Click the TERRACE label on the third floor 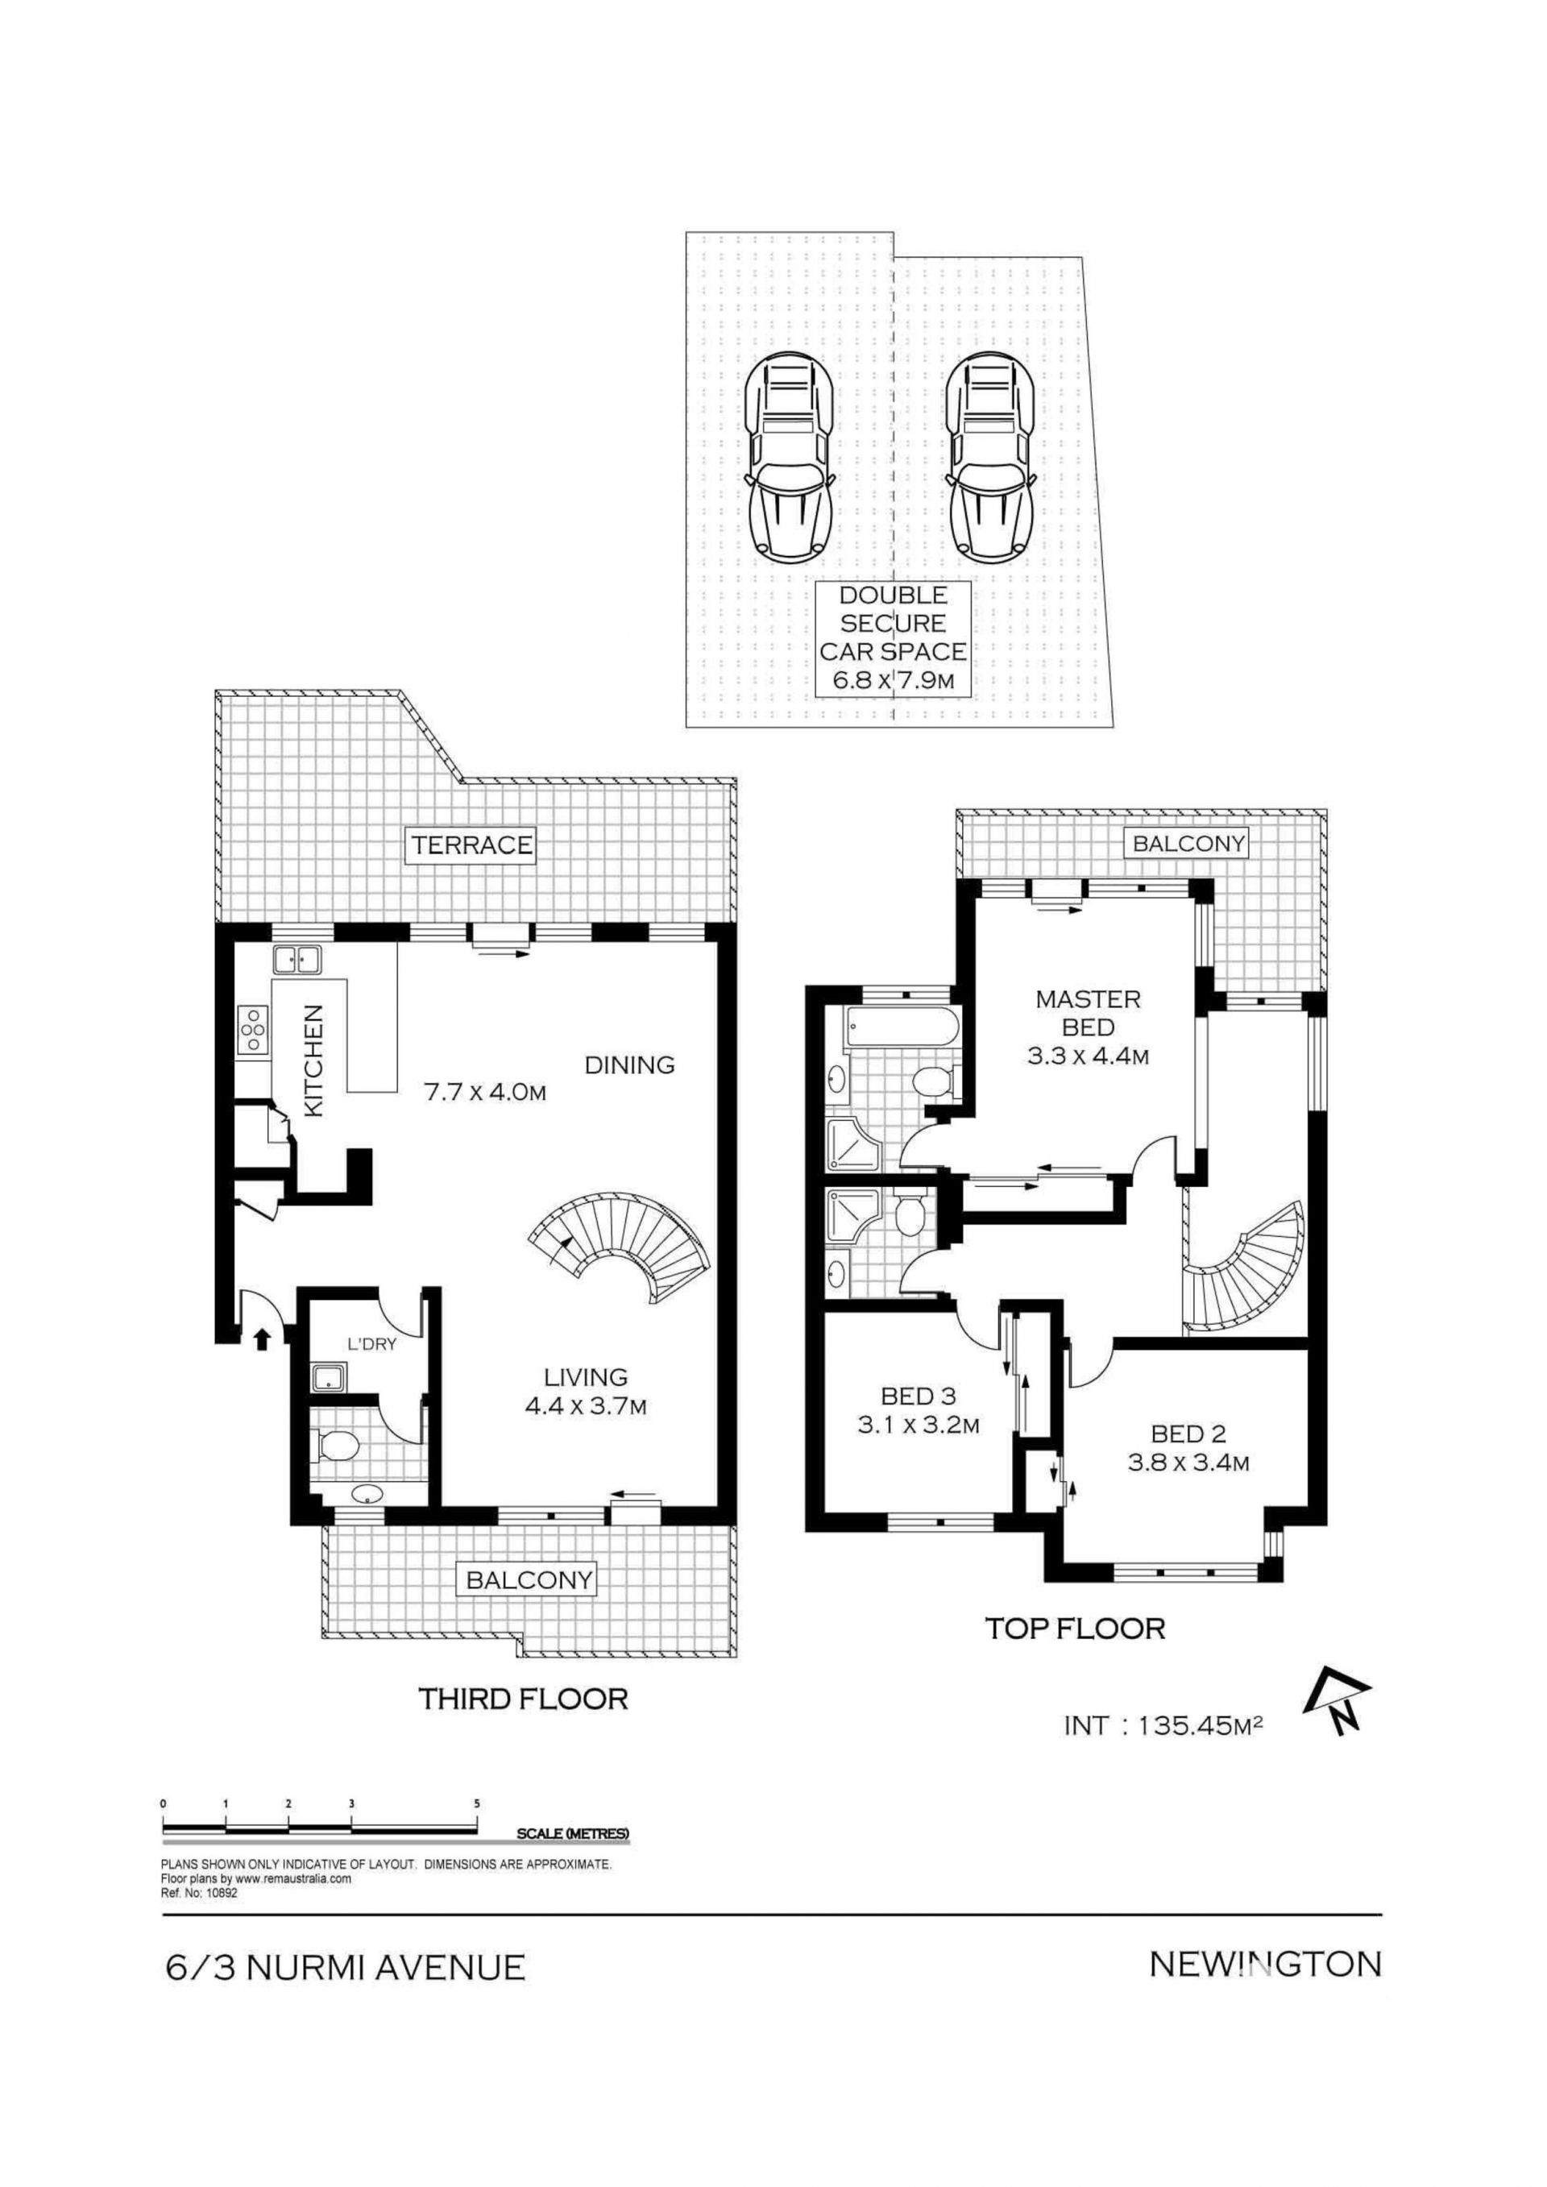(x=472, y=845)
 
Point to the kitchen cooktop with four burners (x=252, y=1029)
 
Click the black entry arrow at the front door (x=263, y=1339)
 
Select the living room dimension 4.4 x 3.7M (x=586, y=1405)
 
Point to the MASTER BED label (x=1088, y=1013)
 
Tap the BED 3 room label (x=919, y=1396)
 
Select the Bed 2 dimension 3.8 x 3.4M (x=1188, y=1462)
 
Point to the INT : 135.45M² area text (x=1163, y=1725)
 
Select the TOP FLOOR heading (x=1075, y=1628)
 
